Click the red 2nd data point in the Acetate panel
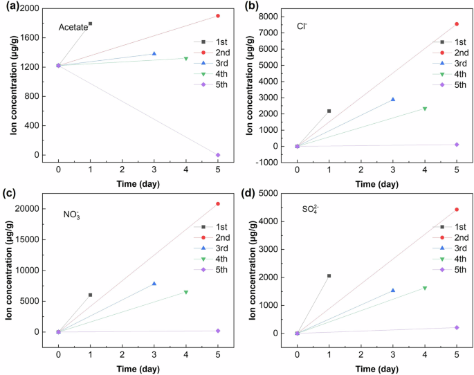tap(218, 16)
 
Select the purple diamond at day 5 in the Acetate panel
tap(218, 155)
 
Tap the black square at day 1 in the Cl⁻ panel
tap(329, 111)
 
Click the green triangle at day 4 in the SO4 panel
tap(425, 288)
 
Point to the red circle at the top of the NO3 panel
tap(218, 203)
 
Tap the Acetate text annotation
tap(73, 27)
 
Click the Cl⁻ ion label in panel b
tap(302, 26)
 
